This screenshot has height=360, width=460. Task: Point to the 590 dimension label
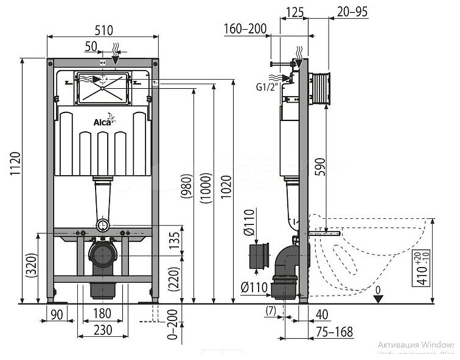(319, 171)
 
